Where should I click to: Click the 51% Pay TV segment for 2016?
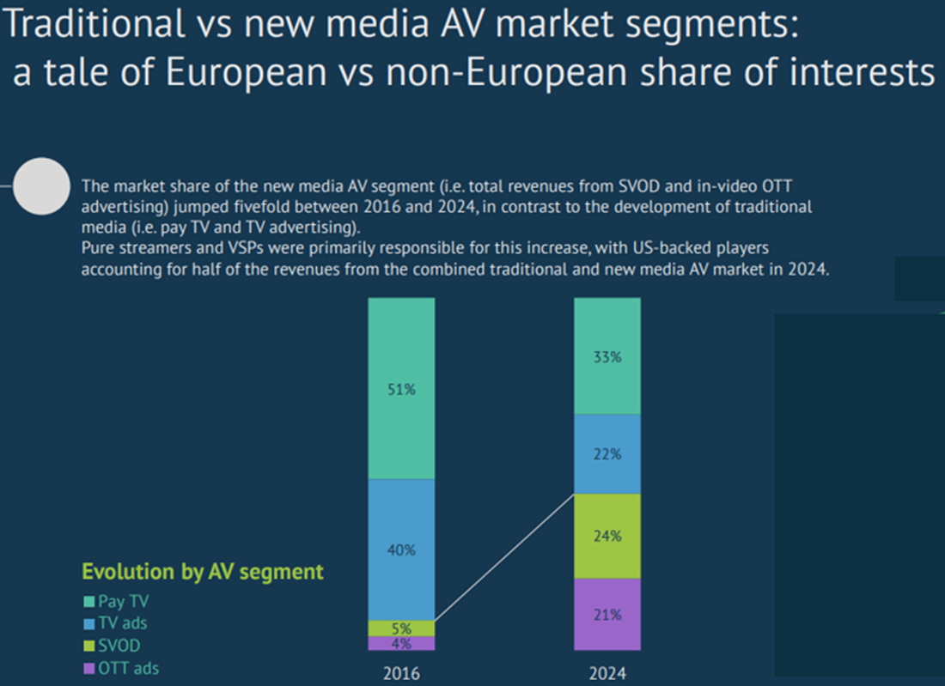401,388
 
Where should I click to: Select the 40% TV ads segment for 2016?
401,549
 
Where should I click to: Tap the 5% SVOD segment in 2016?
401,628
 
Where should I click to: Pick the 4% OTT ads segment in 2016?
401,643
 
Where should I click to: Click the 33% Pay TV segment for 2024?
607,357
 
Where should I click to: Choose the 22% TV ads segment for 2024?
607,454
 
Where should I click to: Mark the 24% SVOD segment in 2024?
607,536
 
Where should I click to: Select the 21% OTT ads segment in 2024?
607,614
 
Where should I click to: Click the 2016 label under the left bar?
401,673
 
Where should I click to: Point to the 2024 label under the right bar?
607,673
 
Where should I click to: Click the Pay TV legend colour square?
88,602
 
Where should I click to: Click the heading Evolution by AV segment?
203,572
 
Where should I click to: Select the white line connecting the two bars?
504,557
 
